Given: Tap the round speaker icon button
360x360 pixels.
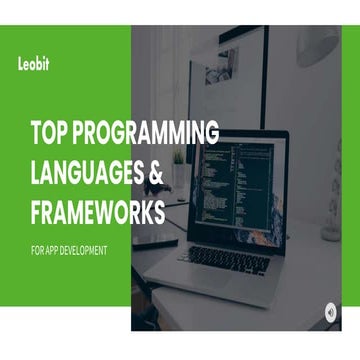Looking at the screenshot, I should pyautogui.click(x=331, y=310).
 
